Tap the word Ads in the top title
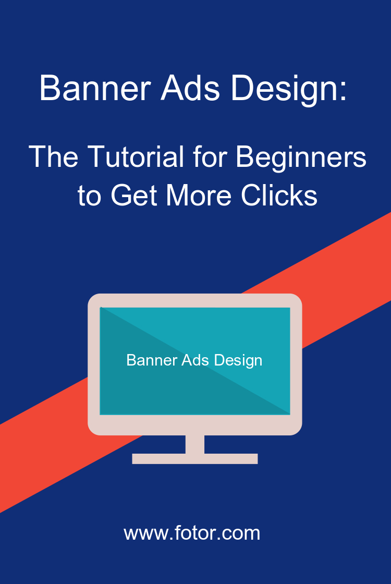(x=190, y=88)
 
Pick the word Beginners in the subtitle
(x=301, y=159)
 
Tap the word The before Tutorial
(x=54, y=157)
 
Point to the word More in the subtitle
(x=199, y=195)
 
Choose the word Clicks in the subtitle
(x=279, y=195)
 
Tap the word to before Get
(x=89, y=196)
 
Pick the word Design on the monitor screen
(x=238, y=361)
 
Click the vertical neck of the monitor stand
(x=195, y=444)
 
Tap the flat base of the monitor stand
(x=195, y=459)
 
